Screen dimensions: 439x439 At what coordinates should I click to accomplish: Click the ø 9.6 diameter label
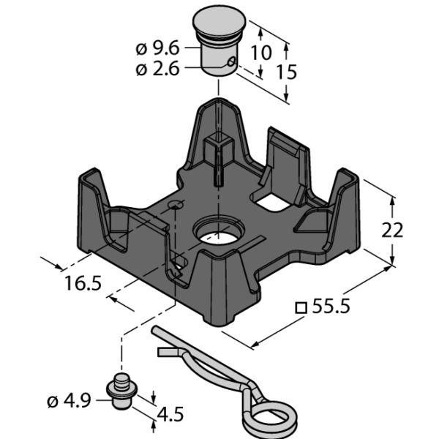point(157,49)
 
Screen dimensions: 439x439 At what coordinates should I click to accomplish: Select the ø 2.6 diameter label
point(157,69)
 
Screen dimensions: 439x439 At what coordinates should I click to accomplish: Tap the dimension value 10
point(261,53)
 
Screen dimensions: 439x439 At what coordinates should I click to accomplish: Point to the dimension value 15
point(286,72)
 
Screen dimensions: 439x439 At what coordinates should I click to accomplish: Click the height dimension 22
point(392,230)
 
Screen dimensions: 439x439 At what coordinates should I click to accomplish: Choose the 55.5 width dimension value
point(331,306)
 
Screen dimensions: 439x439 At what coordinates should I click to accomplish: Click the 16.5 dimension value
point(83,282)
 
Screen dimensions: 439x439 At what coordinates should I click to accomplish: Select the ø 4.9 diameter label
point(70,401)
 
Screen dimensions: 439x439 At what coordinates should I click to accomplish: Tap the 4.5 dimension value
point(170,414)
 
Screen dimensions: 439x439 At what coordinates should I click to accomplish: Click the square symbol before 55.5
point(301,308)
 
